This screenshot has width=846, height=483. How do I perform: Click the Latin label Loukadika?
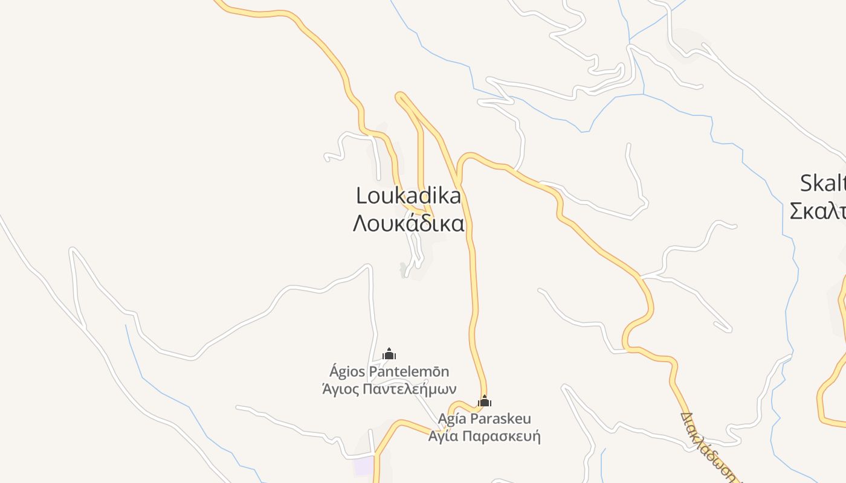[x=408, y=196]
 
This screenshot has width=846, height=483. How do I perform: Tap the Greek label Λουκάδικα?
[x=408, y=223]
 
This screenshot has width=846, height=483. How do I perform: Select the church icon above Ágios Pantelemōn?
[x=389, y=354]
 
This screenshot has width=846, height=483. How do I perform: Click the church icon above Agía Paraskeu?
[x=484, y=401]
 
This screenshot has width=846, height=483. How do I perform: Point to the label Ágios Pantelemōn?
[x=389, y=371]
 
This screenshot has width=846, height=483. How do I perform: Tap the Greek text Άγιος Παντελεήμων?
[x=389, y=389]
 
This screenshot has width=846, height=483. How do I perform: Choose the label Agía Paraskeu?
[x=484, y=419]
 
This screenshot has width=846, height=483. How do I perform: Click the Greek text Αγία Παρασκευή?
[x=484, y=436]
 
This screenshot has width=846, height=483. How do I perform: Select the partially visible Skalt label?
[x=822, y=183]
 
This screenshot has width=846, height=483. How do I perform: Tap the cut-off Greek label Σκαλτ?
[x=818, y=211]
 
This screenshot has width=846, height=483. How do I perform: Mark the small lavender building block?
[x=364, y=465]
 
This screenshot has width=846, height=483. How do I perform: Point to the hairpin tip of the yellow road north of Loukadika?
[x=399, y=96]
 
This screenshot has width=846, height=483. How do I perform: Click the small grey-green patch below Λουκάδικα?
[x=403, y=269]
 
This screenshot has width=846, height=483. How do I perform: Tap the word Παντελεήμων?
[x=411, y=389]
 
